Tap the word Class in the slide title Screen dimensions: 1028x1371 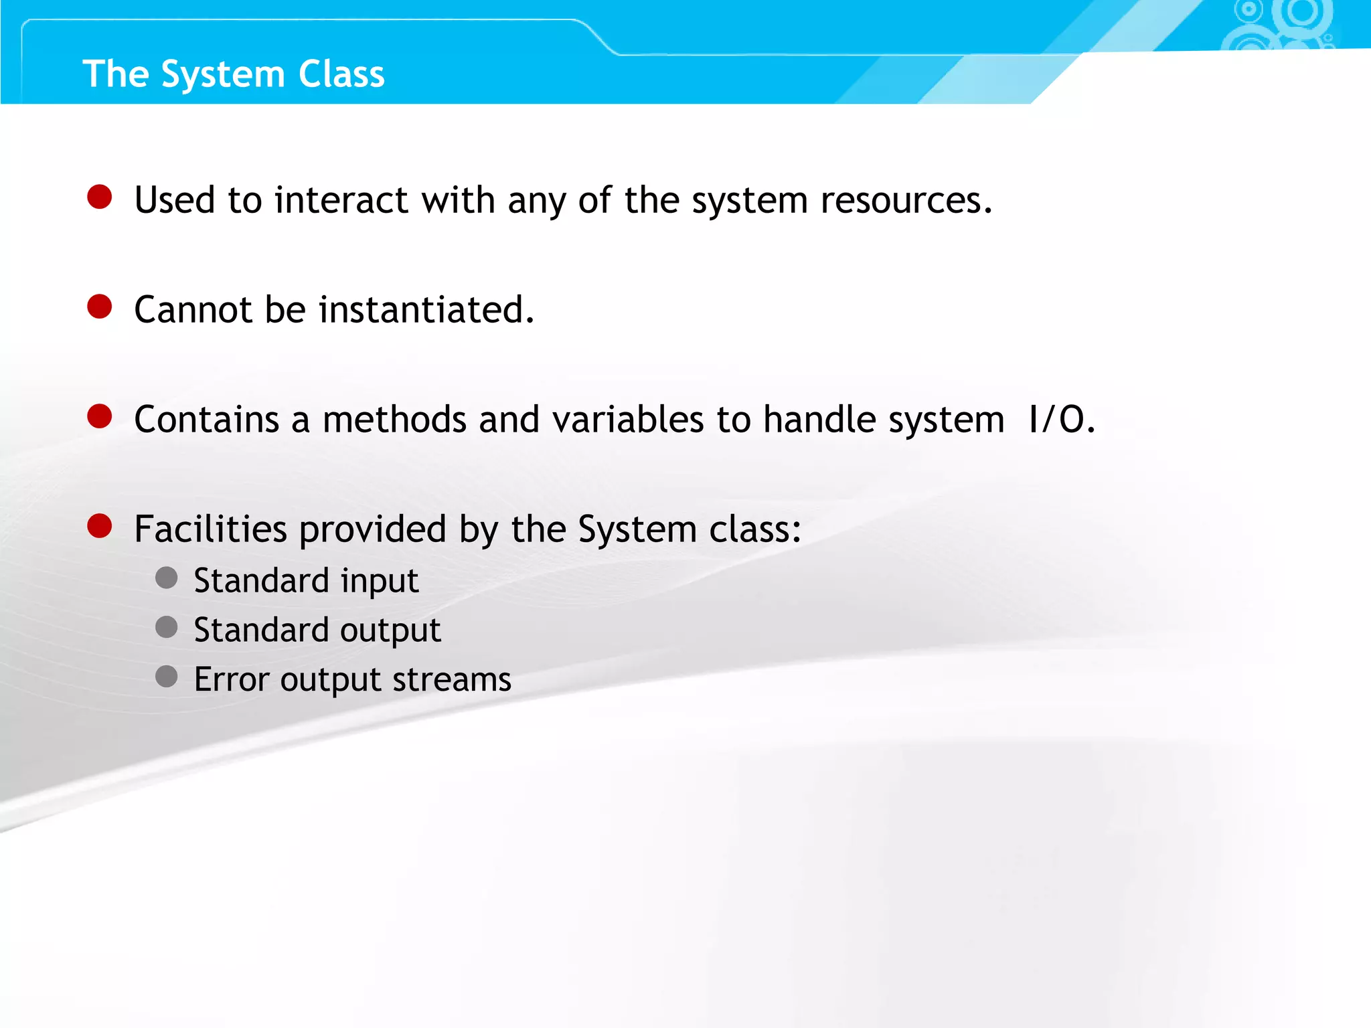click(341, 74)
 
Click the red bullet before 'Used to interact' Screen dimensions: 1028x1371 click(100, 197)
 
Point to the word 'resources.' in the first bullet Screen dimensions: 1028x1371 click(906, 200)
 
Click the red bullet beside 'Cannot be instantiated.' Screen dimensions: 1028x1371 click(100, 307)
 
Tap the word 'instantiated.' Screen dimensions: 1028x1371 click(426, 310)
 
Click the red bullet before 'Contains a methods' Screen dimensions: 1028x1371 click(100, 416)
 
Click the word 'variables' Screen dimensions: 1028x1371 click(628, 420)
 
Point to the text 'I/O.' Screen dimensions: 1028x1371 click(1061, 420)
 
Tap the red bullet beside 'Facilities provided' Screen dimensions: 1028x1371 click(100, 526)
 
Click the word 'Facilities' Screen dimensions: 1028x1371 click(210, 529)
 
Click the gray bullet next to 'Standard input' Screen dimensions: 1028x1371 click(167, 578)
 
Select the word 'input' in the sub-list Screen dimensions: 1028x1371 click(380, 581)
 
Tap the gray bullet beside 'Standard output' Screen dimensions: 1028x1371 click(167, 628)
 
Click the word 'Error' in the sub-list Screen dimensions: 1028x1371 click(231, 679)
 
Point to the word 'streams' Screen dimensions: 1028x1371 click(452, 679)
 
